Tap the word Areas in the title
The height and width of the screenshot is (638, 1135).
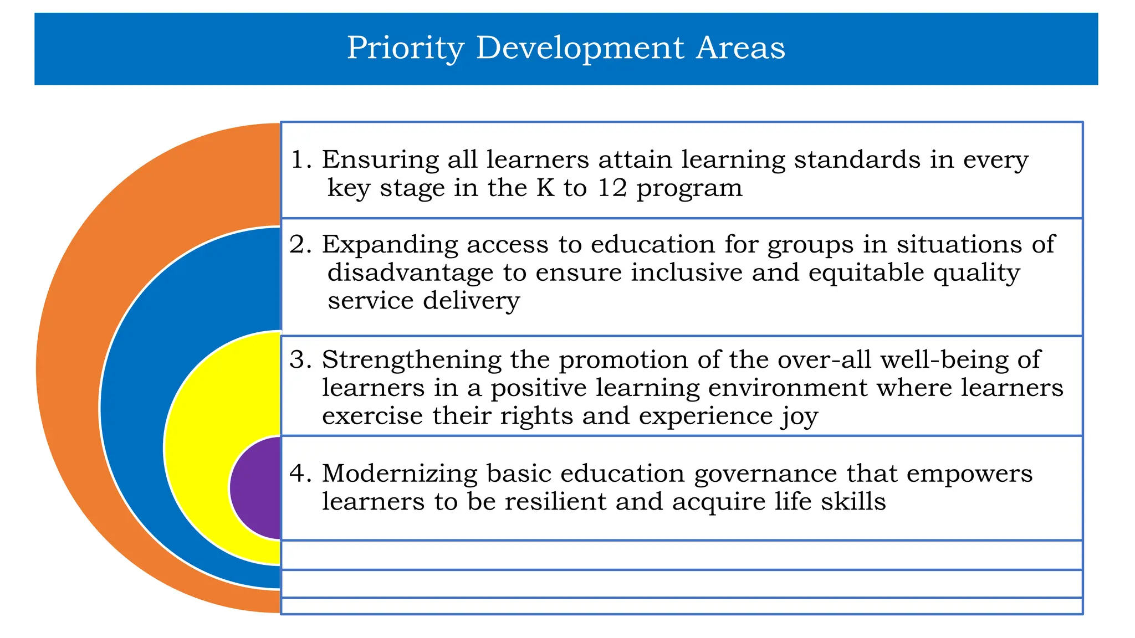coord(740,48)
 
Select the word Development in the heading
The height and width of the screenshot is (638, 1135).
coord(580,48)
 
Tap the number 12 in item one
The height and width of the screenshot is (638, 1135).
coord(612,188)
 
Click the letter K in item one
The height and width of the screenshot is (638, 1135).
coord(545,188)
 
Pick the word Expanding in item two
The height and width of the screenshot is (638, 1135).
coord(390,245)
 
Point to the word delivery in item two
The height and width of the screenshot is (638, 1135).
coord(471,301)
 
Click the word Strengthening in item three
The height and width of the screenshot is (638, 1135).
coord(411,360)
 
